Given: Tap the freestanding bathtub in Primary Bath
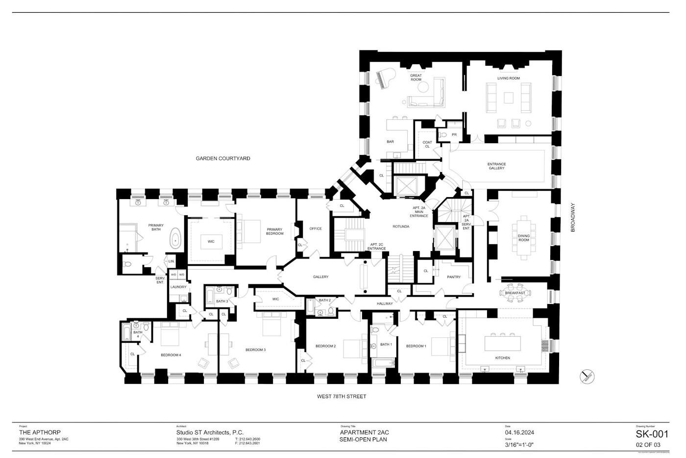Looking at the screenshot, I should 175,241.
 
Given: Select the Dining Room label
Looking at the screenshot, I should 524,238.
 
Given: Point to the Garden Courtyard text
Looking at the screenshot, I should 223,158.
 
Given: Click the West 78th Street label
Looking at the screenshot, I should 342,396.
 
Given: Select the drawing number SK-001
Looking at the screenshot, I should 652,434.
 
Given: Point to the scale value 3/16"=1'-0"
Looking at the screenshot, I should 519,445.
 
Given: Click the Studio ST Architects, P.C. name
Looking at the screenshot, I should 210,433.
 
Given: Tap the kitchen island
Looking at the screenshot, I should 503,342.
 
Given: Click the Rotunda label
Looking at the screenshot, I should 400,227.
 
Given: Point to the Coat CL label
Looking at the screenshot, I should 427,144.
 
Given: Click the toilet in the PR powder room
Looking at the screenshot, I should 444,134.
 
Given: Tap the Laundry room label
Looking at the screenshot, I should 178,287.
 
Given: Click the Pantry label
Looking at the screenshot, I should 454,277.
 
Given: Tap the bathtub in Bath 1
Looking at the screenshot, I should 383,363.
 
